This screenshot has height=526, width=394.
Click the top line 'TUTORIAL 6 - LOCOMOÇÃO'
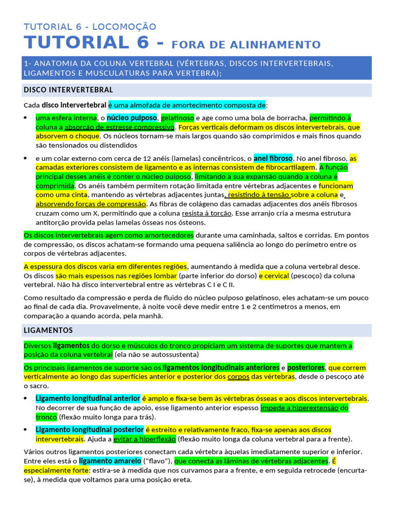pyautogui.click(x=90, y=27)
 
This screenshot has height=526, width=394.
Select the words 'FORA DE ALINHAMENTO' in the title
pyautogui.click(x=246, y=45)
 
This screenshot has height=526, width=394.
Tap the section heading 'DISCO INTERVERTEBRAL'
pyautogui.click(x=68, y=90)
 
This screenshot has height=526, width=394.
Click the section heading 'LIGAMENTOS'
pyautogui.click(x=48, y=330)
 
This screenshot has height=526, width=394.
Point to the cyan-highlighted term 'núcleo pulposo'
pyautogui.click(x=131, y=118)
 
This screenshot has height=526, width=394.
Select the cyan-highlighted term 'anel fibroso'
pyautogui.click(x=273, y=158)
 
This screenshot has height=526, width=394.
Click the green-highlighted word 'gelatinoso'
pyautogui.click(x=178, y=118)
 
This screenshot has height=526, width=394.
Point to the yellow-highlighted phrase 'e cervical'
pyautogui.click(x=274, y=276)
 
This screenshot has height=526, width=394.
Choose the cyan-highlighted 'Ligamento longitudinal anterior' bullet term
pyautogui.click(x=88, y=399)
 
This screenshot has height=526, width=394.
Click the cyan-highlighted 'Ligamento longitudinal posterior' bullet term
pyautogui.click(x=89, y=429)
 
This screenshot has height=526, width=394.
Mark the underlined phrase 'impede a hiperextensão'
pyautogui.click(x=300, y=408)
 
